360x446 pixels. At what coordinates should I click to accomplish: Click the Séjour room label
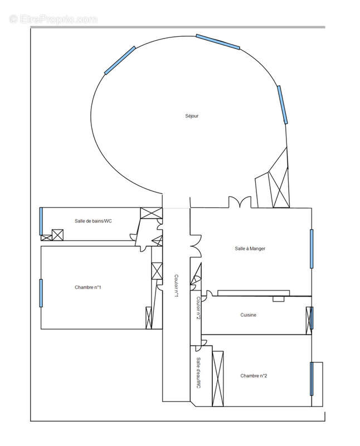pos(192,117)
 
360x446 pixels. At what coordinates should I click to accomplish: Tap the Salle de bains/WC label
pos(94,221)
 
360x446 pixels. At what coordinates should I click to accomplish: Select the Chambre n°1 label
pos(87,287)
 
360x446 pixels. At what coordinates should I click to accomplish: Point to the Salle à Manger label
pos(250,249)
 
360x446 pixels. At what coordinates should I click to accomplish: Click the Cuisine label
pos(249,315)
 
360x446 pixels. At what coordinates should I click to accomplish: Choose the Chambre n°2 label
pos(254,376)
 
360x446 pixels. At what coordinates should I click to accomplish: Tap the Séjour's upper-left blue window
pos(120,60)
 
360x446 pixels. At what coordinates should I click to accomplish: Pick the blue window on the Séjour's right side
pos(283,105)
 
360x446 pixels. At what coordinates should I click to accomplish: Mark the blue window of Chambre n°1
pos(41,293)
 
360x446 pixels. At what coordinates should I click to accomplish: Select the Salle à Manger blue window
pos(312,249)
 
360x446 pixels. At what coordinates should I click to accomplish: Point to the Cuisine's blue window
pos(312,318)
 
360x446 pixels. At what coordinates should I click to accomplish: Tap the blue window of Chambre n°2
pos(311,379)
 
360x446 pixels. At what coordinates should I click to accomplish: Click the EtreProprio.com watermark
pos(53,19)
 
